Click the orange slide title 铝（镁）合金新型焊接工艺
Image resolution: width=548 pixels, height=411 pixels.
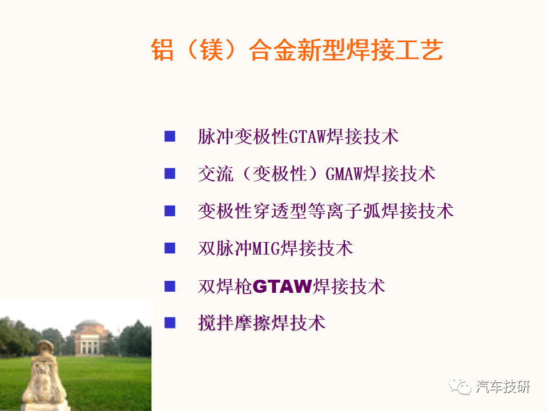(x=297, y=50)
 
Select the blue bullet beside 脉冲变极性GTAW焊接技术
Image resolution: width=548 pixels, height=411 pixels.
(x=170, y=136)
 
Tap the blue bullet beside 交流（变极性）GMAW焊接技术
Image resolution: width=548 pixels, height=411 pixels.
(x=170, y=174)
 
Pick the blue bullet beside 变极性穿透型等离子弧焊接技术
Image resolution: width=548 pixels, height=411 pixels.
(x=170, y=211)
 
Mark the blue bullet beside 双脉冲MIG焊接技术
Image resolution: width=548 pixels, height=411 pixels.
(x=170, y=248)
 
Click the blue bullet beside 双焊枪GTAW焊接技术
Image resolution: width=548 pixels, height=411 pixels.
(x=170, y=286)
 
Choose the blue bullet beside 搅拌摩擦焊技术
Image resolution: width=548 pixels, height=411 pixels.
(x=170, y=323)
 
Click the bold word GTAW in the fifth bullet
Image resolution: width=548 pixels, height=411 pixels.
(x=283, y=286)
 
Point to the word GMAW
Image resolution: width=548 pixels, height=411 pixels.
(x=344, y=174)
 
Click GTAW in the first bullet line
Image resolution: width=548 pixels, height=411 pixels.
(x=307, y=136)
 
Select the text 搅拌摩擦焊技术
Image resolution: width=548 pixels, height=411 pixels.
(x=262, y=323)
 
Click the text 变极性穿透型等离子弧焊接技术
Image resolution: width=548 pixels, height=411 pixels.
(x=326, y=211)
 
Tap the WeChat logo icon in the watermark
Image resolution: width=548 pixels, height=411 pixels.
(x=460, y=386)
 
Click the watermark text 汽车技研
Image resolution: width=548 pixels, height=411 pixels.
(x=503, y=387)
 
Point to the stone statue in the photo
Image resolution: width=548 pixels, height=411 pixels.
(x=45, y=375)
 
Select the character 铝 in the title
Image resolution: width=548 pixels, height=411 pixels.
(x=162, y=50)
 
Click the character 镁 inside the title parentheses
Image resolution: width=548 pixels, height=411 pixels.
(x=211, y=50)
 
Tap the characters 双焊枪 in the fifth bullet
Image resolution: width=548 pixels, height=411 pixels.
(x=225, y=287)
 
